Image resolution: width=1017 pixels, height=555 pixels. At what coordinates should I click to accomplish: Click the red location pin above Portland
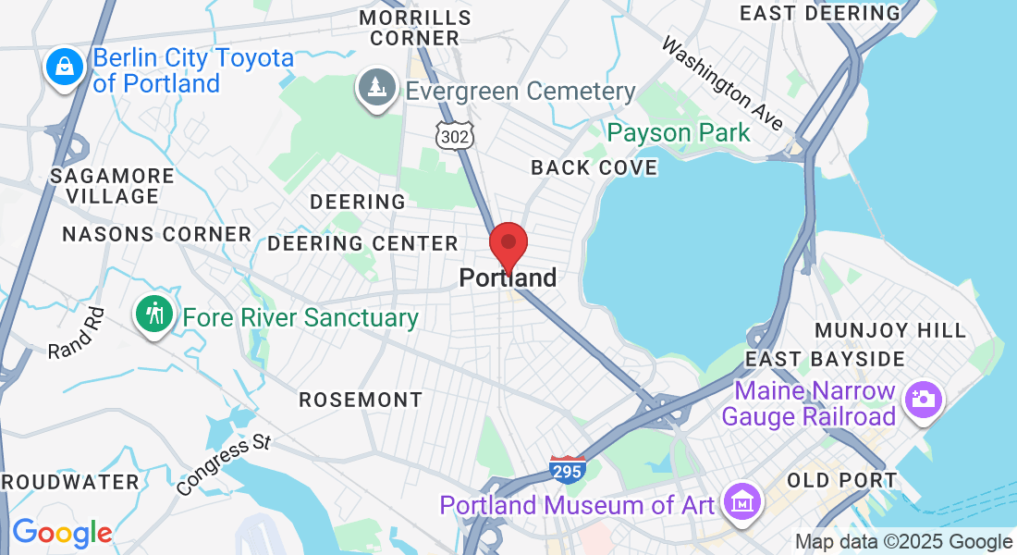[508, 245]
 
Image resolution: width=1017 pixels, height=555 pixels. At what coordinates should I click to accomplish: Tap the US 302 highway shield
[456, 135]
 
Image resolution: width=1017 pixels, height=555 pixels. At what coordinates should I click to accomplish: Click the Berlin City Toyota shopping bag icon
[64, 68]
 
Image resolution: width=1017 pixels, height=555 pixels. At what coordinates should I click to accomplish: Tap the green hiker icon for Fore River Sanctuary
[155, 314]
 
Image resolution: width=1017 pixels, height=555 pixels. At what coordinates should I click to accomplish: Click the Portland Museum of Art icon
[743, 502]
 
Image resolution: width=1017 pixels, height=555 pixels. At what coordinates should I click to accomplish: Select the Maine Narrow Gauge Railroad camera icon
[924, 400]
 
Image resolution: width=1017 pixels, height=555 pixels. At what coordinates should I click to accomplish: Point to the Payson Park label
[679, 132]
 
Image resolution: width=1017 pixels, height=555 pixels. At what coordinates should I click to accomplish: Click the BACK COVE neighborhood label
[594, 167]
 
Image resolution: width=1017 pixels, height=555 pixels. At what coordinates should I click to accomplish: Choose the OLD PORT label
[841, 480]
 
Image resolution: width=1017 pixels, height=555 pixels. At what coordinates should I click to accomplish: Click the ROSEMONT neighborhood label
[361, 400]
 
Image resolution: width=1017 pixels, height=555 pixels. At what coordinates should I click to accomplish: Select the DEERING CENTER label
[362, 243]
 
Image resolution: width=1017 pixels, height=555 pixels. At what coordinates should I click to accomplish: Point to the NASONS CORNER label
[156, 234]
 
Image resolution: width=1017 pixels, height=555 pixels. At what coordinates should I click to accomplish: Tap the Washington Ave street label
[722, 83]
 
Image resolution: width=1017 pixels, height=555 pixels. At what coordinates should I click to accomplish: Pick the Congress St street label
[223, 465]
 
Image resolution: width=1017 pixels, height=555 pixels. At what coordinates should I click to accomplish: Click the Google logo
[62, 533]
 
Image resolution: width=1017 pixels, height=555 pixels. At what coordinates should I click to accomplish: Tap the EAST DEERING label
[819, 13]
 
